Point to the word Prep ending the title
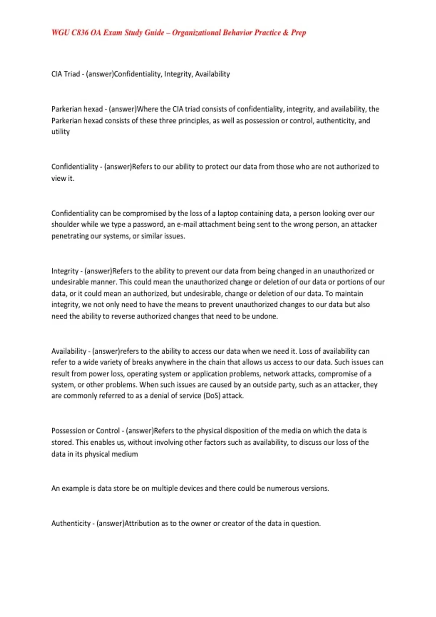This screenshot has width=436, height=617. (x=298, y=33)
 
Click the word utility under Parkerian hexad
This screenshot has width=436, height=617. (x=60, y=132)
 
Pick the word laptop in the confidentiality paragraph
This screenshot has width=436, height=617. (x=228, y=213)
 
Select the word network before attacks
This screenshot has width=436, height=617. (x=276, y=373)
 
